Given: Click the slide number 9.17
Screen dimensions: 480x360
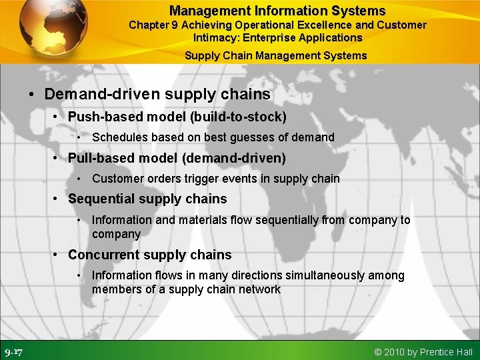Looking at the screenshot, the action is (x=13, y=351).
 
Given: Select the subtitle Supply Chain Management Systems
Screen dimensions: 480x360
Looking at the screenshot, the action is (x=275, y=55).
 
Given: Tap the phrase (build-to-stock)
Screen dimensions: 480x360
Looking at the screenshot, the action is (x=238, y=117).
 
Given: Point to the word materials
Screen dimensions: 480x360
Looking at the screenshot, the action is (x=203, y=220).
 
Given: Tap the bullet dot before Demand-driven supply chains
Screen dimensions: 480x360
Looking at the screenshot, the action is (x=31, y=94).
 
